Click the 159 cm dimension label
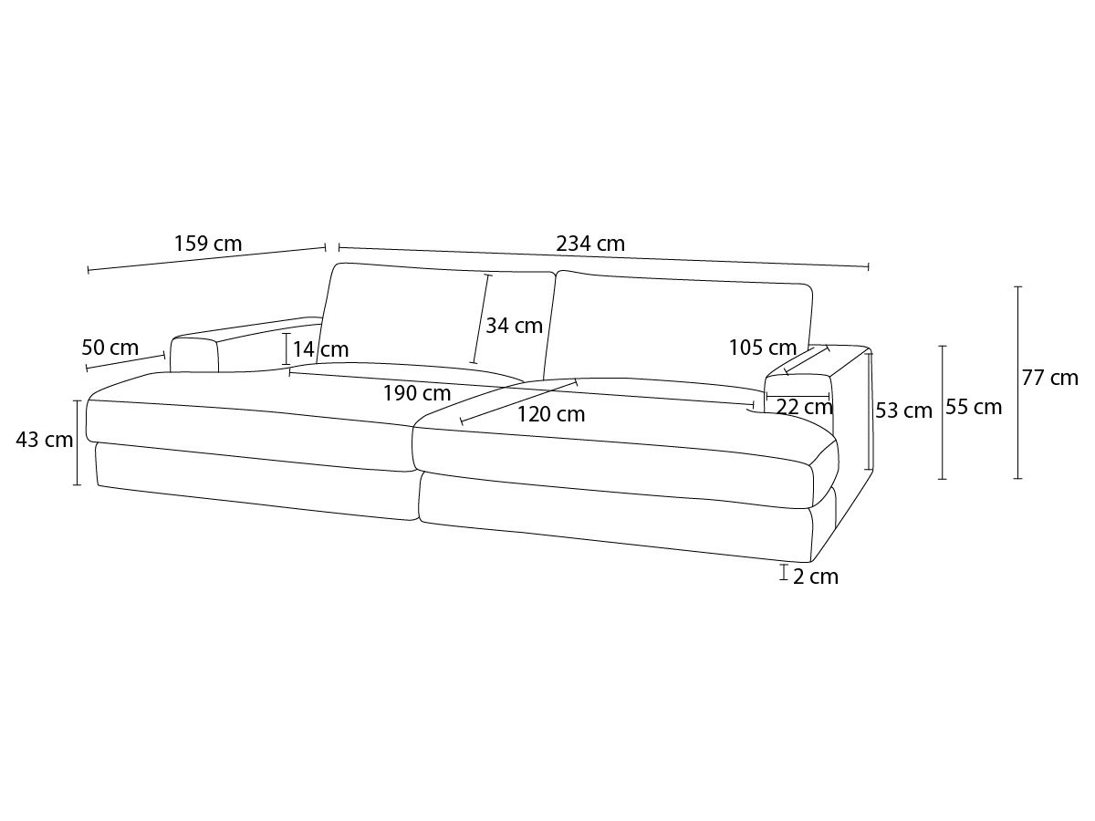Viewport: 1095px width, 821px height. pos(207,244)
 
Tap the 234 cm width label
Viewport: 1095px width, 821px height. pos(590,244)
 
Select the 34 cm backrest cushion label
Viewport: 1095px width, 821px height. pos(514,326)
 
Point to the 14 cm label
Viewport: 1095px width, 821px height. pos(320,349)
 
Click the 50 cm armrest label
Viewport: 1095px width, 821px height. pos(109,348)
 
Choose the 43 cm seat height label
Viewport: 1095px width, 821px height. pos(45,441)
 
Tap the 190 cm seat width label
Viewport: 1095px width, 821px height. pos(416,393)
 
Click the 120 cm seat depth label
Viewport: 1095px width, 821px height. pos(551,414)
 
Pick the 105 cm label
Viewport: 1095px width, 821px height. pos(763,348)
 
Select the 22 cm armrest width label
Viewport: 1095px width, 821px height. pos(805,407)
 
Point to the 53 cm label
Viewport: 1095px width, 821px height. pos(903,410)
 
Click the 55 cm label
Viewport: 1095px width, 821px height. pos(974,407)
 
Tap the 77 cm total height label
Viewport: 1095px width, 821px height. pos(1049,378)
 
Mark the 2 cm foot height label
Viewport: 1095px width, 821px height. pos(815,577)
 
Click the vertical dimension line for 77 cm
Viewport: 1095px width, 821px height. pos(1018,383)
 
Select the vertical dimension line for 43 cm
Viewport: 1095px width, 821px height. pos(78,442)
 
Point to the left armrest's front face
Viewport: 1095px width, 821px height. pos(194,355)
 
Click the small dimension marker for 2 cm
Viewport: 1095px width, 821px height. pos(784,572)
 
